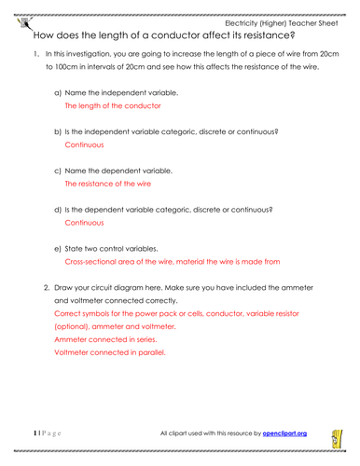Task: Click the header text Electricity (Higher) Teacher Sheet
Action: click(x=279, y=22)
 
